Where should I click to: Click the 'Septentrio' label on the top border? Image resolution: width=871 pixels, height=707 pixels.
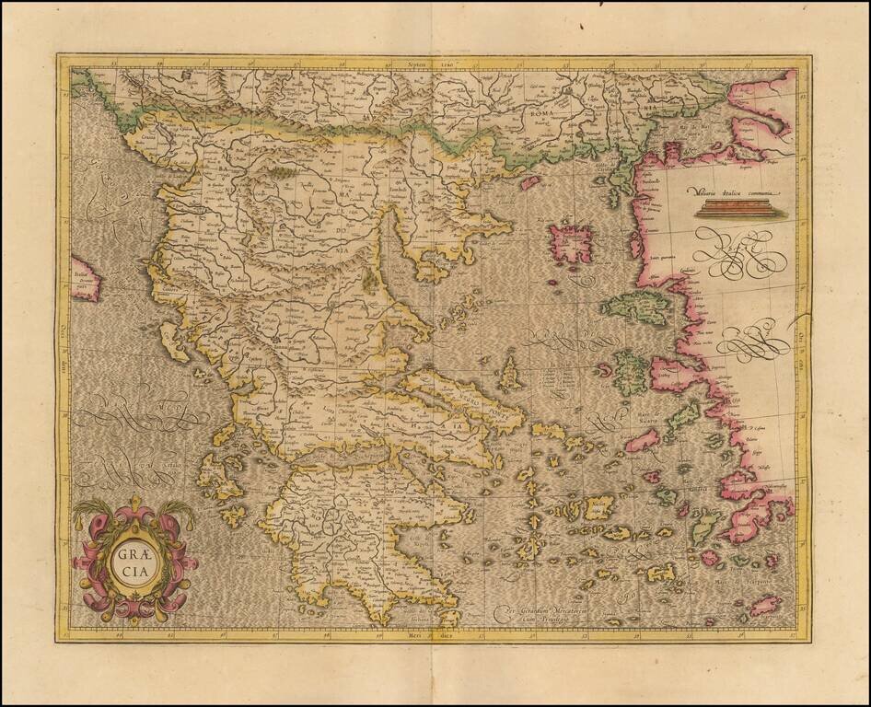430,65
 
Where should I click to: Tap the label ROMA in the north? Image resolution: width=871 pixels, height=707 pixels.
543,112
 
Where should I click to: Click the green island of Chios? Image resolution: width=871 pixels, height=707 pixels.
632,373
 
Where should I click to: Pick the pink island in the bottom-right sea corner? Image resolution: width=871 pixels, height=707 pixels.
764,606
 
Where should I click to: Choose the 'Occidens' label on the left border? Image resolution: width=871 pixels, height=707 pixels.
65,341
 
